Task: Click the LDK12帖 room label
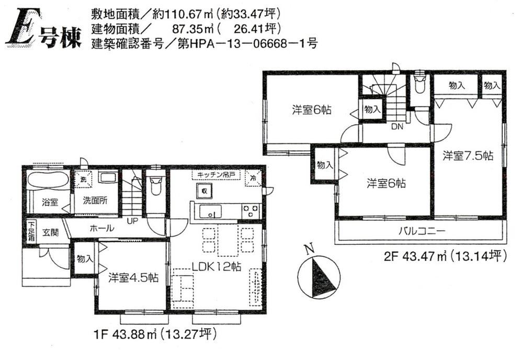click(215, 266)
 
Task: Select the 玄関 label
click(51, 232)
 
